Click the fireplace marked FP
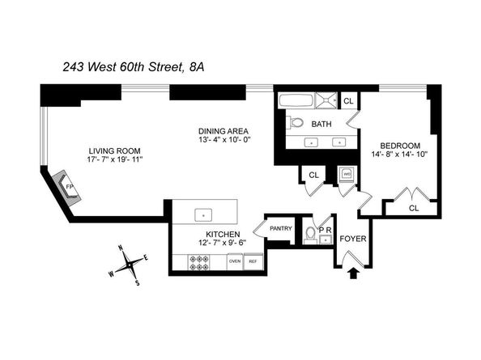tap(66, 187)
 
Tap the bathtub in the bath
tap(296, 101)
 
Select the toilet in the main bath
tap(295, 122)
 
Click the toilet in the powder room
tap(310, 235)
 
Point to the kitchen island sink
tap(203, 215)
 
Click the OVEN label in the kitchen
tap(235, 261)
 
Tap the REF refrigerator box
tap(253, 261)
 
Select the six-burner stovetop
tap(198, 263)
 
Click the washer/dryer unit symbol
tap(347, 175)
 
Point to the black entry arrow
tap(353, 273)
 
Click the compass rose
tap(129, 264)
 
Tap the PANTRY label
tap(281, 229)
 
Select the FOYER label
tap(353, 239)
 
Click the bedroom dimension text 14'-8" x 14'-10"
tap(400, 154)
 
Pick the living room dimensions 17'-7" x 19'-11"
tap(115, 159)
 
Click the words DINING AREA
tap(223, 131)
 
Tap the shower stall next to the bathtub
tap(326, 101)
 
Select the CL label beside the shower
tap(348, 101)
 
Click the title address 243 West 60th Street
tap(123, 67)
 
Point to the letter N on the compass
tap(121, 248)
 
